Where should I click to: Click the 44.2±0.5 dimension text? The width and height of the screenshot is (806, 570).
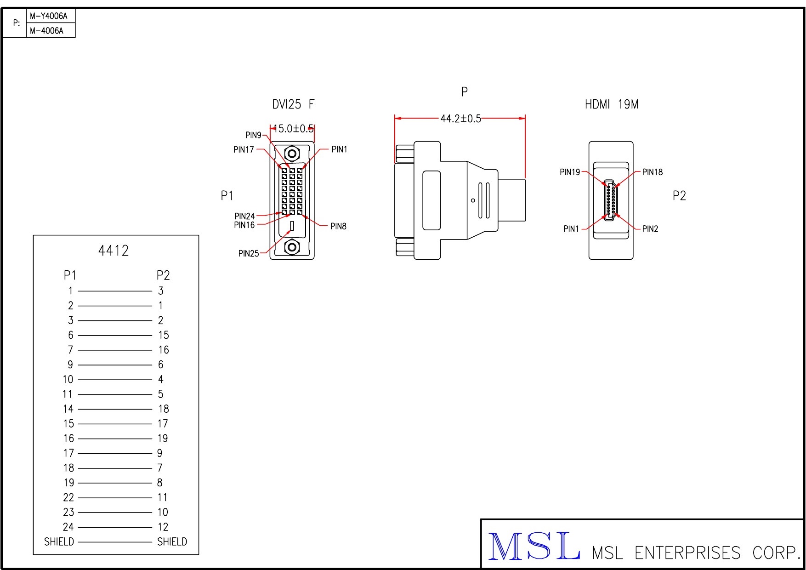(460, 119)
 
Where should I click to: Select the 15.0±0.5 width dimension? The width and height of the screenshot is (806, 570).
(293, 129)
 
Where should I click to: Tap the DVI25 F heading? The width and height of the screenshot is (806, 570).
(293, 104)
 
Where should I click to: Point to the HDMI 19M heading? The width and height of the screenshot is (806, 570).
(611, 104)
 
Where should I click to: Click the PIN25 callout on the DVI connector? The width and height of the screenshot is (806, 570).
(249, 253)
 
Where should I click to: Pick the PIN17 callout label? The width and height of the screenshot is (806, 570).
(244, 149)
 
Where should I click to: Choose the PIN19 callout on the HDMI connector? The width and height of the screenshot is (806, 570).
(570, 172)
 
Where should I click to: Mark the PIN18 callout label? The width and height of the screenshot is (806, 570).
(652, 172)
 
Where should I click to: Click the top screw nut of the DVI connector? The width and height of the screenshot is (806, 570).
(292, 153)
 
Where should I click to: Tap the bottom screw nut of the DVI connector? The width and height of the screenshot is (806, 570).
(292, 247)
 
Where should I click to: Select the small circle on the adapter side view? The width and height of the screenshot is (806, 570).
(473, 200)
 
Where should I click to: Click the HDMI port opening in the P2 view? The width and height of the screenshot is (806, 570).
(611, 200)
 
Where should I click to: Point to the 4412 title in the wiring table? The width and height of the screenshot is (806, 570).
(114, 251)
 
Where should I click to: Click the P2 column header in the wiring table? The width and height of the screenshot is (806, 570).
(163, 275)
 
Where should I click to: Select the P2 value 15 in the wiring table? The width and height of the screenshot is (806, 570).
(164, 335)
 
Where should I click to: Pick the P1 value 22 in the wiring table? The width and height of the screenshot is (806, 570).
(68, 497)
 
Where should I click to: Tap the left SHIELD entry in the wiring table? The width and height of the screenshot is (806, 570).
(59, 541)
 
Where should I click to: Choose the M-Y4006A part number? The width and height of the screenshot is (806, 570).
(49, 16)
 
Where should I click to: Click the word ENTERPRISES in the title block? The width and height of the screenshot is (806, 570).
(687, 553)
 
